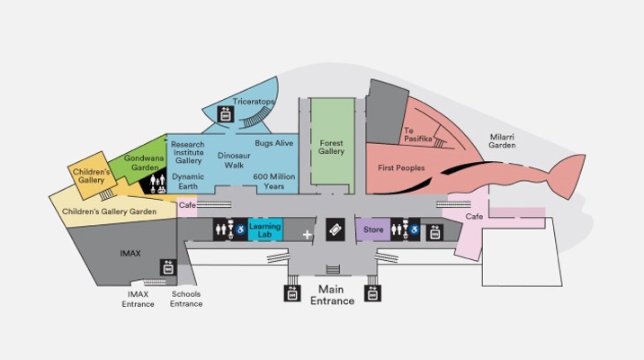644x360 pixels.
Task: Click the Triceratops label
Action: pos(254,102)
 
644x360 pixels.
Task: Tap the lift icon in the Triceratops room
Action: pos(226,114)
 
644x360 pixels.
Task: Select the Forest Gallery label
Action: pos(332,147)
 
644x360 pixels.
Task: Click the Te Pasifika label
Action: pos(417,135)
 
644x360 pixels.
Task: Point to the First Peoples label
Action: pos(401,167)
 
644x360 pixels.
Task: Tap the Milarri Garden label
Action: pos(502,141)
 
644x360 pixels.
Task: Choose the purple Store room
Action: pos(372,229)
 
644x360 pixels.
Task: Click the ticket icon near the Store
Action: pos(335,229)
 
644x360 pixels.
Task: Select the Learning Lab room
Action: pos(265,229)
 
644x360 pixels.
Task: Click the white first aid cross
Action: pos(308,235)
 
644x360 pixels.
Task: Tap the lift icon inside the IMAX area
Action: pos(168,267)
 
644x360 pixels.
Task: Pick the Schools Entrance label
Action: pos(186,299)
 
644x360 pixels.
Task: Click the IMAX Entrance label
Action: pos(138,299)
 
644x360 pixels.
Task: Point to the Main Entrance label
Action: pos(332,295)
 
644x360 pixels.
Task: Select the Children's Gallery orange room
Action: pos(92,175)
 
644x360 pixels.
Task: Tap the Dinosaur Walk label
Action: pos(234,160)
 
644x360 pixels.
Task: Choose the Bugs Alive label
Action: pos(274,143)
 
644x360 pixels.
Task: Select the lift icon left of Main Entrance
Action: pos(292,293)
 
